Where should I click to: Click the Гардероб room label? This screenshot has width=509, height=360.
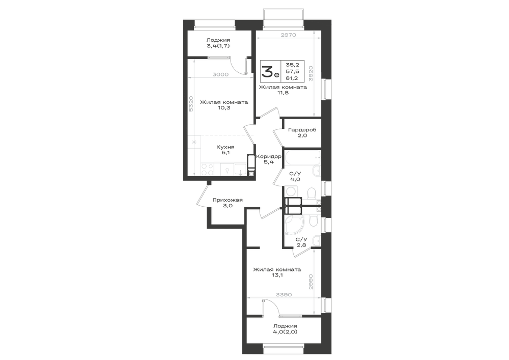pyautogui.click(x=302, y=130)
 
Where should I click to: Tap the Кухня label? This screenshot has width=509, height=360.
pyautogui.click(x=225, y=147)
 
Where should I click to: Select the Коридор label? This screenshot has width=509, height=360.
pyautogui.click(x=268, y=156)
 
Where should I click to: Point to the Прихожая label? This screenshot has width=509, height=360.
pyautogui.click(x=228, y=200)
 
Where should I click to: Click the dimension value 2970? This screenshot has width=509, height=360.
pyautogui.click(x=288, y=35)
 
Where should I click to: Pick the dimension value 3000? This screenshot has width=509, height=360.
pyautogui.click(x=220, y=74)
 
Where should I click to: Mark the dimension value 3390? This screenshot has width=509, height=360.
pyautogui.click(x=284, y=295)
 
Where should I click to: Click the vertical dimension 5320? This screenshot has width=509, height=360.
pyautogui.click(x=191, y=104)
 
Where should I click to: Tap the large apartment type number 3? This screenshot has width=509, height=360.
pyautogui.click(x=268, y=71)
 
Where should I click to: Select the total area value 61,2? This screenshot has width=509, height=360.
pyautogui.click(x=292, y=78)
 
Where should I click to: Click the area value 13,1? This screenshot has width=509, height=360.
pyautogui.click(x=277, y=275)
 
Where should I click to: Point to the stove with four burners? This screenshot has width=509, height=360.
pyautogui.click(x=208, y=169)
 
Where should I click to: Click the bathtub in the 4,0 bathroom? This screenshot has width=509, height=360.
pyautogui.click(x=302, y=157)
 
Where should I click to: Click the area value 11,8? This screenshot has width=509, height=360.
pyautogui.click(x=282, y=93)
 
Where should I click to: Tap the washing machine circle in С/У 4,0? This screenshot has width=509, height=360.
pyautogui.click(x=290, y=191)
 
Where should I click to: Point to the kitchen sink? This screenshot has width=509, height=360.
pyautogui.click(x=240, y=169)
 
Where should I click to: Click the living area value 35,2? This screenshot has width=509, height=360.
pyautogui.click(x=292, y=65)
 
